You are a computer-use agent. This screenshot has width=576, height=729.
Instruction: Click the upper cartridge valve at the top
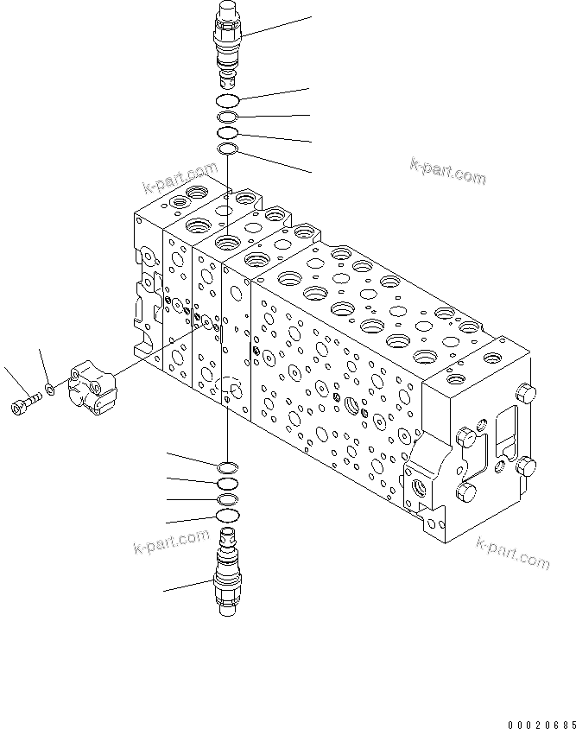[x=228, y=42]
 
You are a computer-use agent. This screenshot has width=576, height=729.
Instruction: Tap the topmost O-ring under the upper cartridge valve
[x=228, y=101]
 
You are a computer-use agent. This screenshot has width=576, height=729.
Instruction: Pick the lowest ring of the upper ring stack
[x=228, y=150]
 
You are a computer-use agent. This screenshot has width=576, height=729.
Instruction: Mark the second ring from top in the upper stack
[x=228, y=117]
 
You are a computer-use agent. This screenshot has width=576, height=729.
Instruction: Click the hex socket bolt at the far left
[x=23, y=403]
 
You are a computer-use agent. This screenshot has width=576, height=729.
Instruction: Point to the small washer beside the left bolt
[x=49, y=390]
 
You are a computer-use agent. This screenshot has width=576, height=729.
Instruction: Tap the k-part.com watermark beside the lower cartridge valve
[x=171, y=542]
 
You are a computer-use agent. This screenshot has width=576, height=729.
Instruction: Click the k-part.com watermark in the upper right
[x=447, y=171]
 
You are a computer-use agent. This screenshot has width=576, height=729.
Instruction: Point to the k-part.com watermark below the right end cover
[x=512, y=552]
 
